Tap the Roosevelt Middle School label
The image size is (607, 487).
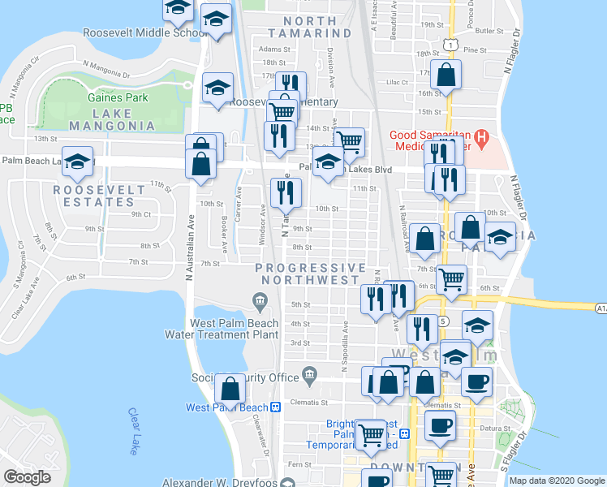[146, 33]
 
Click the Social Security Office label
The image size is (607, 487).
[245, 377]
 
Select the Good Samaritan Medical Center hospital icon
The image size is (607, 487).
[480, 139]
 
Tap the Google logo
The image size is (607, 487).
[27, 477]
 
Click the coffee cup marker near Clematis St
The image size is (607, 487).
[478, 381]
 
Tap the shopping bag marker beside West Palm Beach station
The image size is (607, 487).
[230, 390]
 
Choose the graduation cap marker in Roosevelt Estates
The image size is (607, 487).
[77, 162]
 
